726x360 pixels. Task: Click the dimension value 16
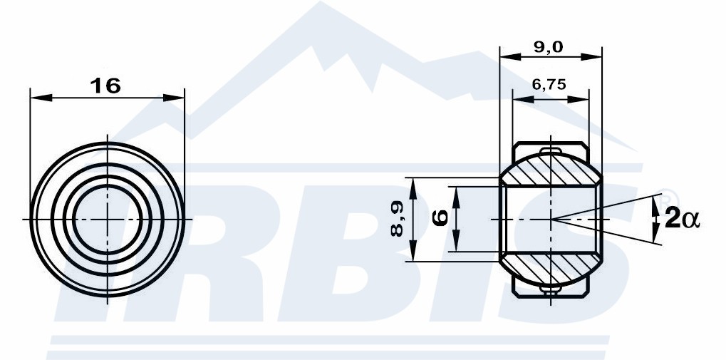point(105,86)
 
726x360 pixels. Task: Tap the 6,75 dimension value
point(549,84)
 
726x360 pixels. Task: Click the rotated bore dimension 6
point(440,217)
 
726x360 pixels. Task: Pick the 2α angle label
point(682,219)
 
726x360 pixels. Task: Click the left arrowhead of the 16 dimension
point(41,98)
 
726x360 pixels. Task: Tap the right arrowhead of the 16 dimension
point(174,98)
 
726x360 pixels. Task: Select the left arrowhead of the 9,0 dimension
point(511,56)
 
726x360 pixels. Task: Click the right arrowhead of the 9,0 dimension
point(591,56)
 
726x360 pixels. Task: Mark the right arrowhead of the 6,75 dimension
point(578,99)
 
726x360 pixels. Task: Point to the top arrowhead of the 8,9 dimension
point(413,188)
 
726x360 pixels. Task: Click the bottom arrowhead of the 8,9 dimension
point(413,251)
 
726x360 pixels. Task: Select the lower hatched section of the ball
point(551,268)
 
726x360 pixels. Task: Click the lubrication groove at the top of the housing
point(551,150)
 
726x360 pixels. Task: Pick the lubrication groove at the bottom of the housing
point(551,289)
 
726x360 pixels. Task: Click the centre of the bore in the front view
point(108,219)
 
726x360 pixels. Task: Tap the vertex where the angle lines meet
point(551,219)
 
